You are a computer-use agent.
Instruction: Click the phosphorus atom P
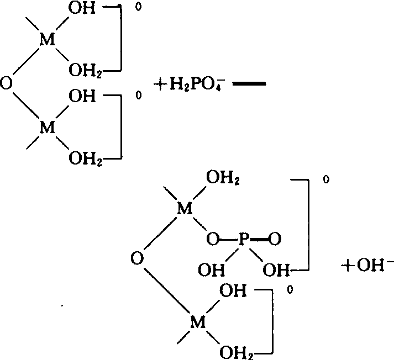[244, 239]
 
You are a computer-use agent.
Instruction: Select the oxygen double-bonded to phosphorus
[275, 239]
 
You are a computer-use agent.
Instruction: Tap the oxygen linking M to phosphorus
[213, 239]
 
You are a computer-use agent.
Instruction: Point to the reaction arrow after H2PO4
[249, 84]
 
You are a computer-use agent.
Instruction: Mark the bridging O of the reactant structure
[6, 83]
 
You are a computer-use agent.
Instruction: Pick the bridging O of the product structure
[137, 258]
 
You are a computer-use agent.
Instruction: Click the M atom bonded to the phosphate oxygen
[185, 208]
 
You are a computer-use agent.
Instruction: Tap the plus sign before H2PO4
[160, 84]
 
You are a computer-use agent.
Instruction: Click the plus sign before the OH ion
[348, 266]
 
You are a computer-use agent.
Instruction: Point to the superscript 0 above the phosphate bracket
[326, 179]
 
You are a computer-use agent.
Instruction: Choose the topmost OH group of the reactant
[82, 8]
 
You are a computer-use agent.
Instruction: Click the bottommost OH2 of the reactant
[85, 159]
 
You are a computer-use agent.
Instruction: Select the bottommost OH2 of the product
[236, 353]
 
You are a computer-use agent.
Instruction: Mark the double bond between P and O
[259, 239]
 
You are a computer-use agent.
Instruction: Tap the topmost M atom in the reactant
[47, 39]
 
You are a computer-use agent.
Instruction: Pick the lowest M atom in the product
[198, 322]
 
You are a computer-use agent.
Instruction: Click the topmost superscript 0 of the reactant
[138, 7]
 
